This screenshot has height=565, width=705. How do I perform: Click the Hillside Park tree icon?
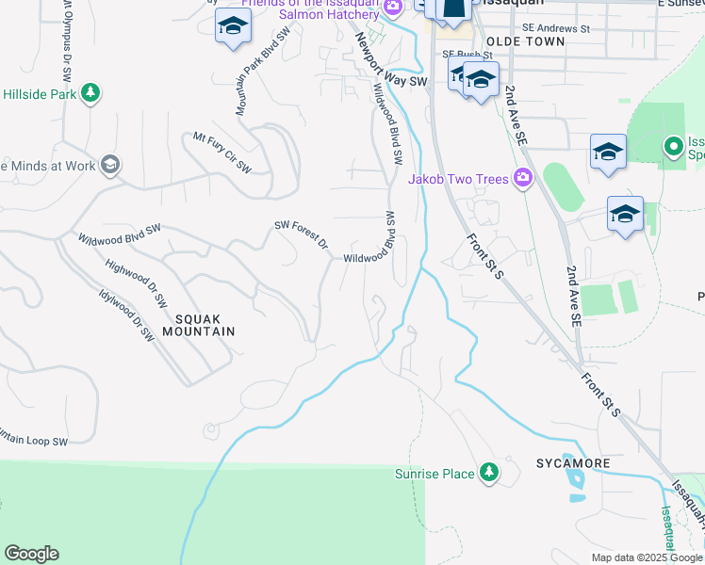[x=90, y=93]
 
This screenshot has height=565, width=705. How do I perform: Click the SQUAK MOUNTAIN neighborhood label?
[x=197, y=324]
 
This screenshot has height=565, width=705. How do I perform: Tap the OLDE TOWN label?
[x=526, y=42]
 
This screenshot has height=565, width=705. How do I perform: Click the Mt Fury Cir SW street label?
[x=222, y=153]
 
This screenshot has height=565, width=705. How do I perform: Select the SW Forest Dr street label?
[x=301, y=234]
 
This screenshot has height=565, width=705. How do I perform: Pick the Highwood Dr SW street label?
[x=136, y=284]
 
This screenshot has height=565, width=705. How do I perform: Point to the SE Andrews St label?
[x=556, y=29]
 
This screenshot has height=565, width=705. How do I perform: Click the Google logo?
[x=30, y=554]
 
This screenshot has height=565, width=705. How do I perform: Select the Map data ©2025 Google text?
[x=647, y=557]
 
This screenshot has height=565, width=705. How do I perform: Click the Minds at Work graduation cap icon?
[x=110, y=166]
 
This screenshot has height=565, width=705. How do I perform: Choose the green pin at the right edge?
[x=673, y=147]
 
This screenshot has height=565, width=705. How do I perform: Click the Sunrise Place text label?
[x=434, y=474]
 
